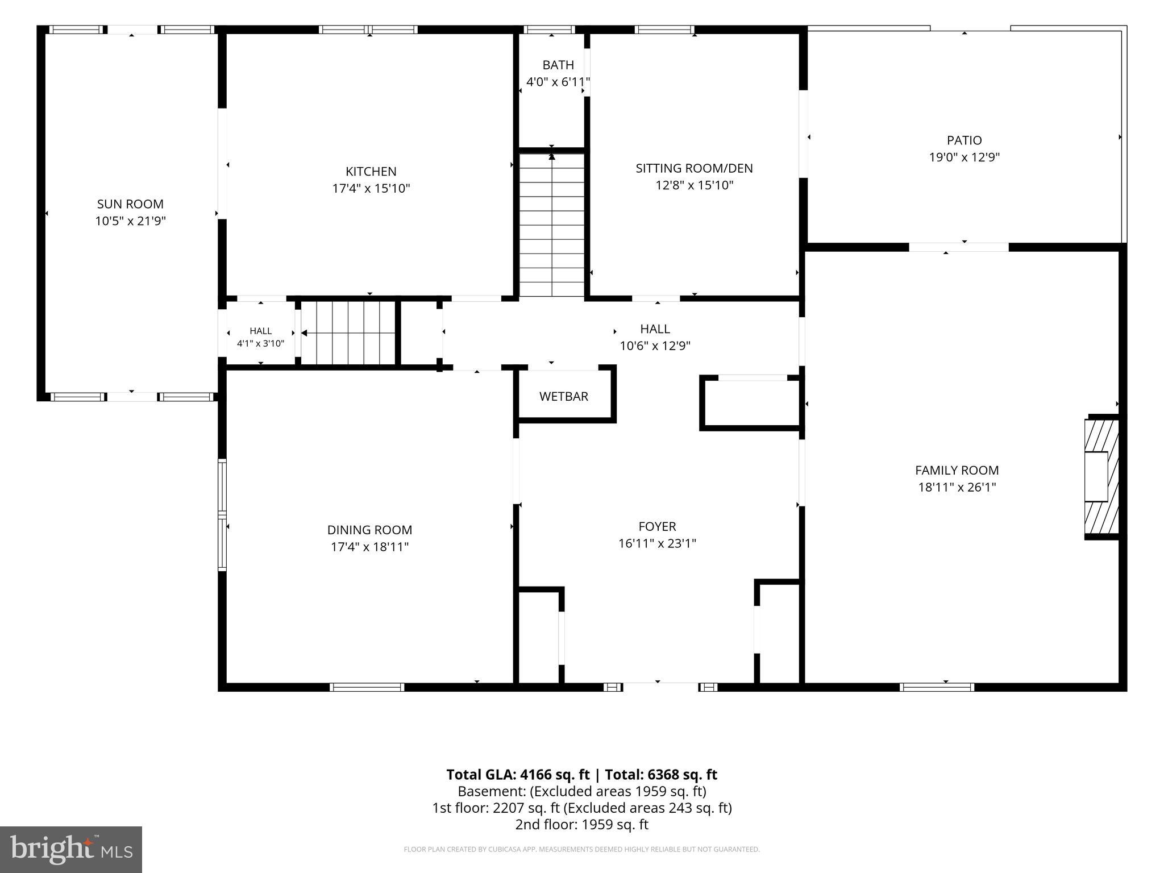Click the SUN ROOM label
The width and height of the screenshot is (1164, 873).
(x=130, y=204)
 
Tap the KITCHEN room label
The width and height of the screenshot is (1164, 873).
(x=371, y=172)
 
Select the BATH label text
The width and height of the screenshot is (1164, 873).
(x=558, y=65)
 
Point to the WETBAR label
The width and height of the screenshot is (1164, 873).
(x=564, y=397)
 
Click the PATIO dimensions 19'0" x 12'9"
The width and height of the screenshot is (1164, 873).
(x=965, y=157)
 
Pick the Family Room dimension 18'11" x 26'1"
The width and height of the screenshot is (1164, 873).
(x=957, y=487)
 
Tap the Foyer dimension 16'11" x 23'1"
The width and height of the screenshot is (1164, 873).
(x=657, y=543)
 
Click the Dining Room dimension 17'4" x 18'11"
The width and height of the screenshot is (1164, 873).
(x=370, y=547)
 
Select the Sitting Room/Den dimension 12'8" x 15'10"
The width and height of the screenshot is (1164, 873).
(x=695, y=185)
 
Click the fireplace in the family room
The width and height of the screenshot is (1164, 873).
(x=1102, y=477)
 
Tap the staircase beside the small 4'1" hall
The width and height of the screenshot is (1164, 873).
(x=348, y=333)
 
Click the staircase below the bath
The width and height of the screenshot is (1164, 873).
(x=552, y=225)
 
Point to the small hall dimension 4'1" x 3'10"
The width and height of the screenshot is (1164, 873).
(x=261, y=344)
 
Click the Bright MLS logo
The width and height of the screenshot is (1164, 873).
(x=71, y=849)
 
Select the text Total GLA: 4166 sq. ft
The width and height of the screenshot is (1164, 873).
(x=518, y=775)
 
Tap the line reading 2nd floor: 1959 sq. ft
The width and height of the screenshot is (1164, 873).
(x=582, y=825)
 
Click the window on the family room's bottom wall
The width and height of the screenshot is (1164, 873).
(x=937, y=687)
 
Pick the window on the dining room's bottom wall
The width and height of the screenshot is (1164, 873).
(x=367, y=687)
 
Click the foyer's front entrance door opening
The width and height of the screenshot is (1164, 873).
(x=660, y=687)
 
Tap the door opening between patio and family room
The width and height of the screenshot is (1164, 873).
(x=959, y=247)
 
